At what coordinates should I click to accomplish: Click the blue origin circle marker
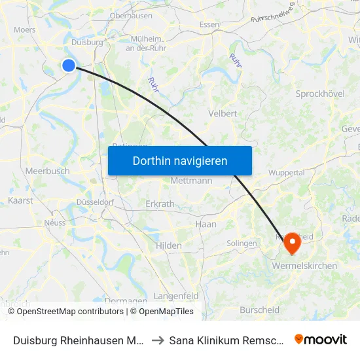pos(69,65)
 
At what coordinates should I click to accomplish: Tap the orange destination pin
pos(292,245)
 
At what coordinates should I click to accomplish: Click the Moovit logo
pos(321,339)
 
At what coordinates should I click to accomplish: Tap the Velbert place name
pos(223,113)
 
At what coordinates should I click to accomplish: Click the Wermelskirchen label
pos(304,266)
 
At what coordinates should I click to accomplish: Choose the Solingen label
pos(242,243)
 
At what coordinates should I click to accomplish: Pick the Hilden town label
pos(169,245)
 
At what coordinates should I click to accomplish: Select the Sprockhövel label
pos(320,94)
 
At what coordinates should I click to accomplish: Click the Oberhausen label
pos(131,15)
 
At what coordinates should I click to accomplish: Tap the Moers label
pos(25,29)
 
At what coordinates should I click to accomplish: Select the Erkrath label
pos(160,204)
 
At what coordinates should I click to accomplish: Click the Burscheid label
pos(260,310)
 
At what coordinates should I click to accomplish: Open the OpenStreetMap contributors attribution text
pos(70,312)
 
